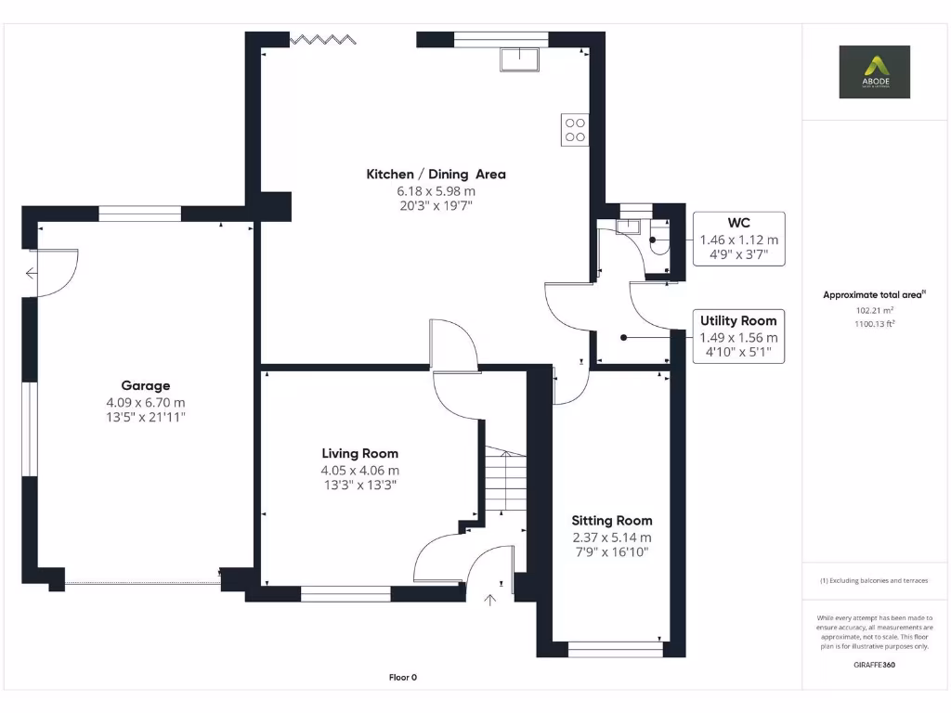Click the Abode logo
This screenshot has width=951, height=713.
tap(874, 71)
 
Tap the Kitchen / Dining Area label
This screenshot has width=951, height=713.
tap(436, 174)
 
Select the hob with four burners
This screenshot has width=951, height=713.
tap(575, 129)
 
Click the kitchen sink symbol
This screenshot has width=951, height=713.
tap(520, 58)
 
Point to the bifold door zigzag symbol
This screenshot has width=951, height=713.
tap(322, 39)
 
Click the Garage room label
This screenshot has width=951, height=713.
tap(146, 385)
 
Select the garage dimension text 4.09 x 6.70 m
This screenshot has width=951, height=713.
tap(146, 402)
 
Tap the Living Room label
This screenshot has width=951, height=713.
tap(360, 453)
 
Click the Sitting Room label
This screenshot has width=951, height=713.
tap(611, 520)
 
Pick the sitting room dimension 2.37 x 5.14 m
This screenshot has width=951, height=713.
tap(611, 537)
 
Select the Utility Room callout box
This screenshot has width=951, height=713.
tap(738, 337)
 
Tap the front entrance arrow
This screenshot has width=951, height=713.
tap(489, 600)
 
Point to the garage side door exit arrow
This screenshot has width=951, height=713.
tap(32, 273)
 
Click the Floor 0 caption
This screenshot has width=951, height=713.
tap(402, 678)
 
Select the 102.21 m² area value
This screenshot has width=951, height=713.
tap(874, 310)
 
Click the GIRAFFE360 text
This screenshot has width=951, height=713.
tap(874, 665)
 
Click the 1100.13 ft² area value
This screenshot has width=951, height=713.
tap(874, 324)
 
